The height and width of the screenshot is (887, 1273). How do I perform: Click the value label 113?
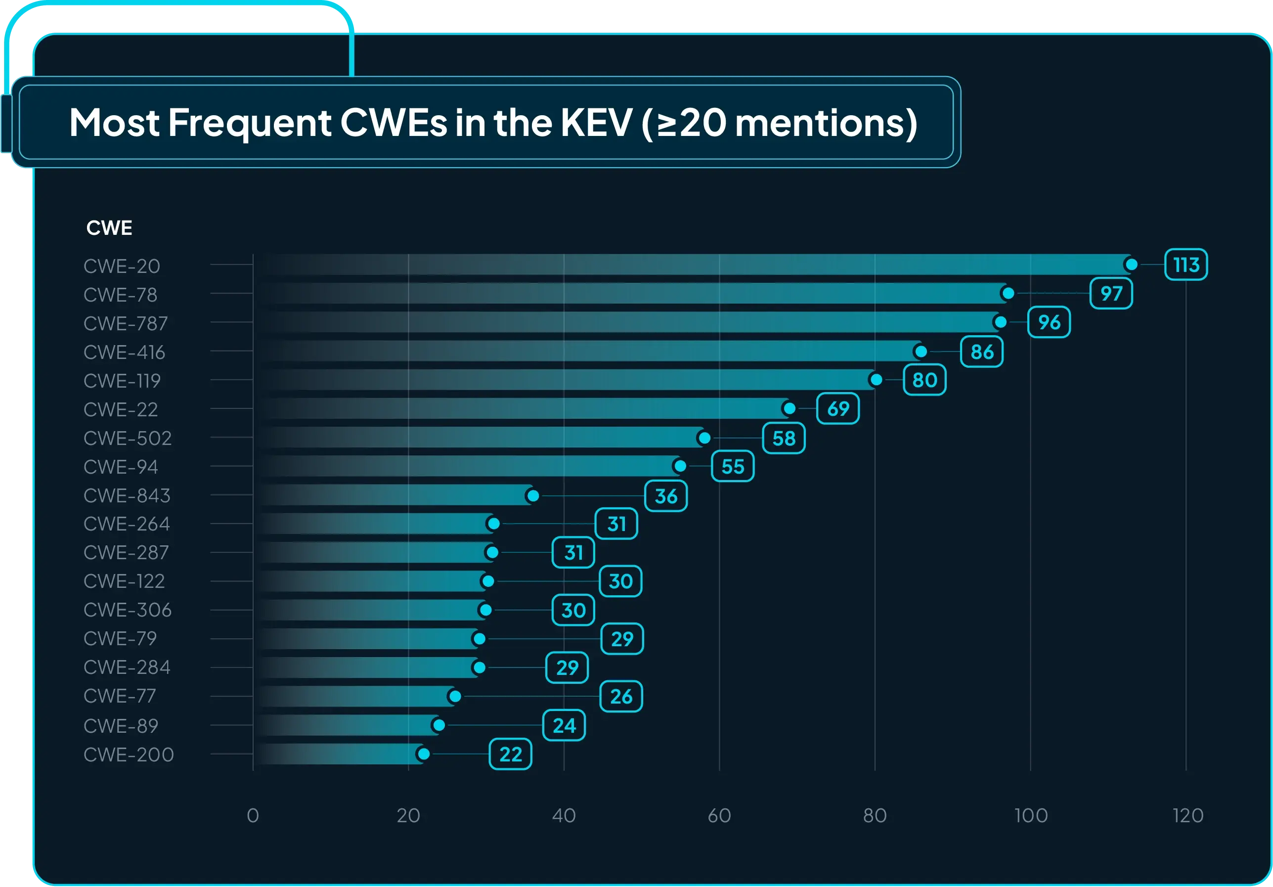(1186, 265)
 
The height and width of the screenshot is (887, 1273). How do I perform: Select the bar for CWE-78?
(632, 293)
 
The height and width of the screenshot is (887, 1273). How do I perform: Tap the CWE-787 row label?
(125, 323)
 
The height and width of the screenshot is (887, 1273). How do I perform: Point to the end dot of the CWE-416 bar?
(921, 352)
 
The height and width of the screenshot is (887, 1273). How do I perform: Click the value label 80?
(924, 380)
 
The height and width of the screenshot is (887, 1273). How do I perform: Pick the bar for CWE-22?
(521, 408)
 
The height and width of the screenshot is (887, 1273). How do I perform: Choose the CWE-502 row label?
(128, 438)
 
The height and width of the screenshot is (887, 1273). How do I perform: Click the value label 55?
(733, 466)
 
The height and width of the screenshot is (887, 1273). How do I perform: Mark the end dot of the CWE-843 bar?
(533, 495)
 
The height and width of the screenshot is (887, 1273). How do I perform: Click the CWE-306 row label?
(128, 610)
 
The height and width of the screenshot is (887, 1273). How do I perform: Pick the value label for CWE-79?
(622, 639)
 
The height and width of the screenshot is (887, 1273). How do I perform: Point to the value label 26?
(621, 696)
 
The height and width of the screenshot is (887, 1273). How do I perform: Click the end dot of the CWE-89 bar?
(439, 725)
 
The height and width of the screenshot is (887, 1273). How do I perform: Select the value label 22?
(510, 754)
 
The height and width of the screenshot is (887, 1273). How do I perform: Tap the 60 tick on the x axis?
(719, 815)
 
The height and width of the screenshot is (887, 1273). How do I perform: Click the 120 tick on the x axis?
(1187, 815)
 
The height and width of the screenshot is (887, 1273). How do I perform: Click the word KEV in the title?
(596, 123)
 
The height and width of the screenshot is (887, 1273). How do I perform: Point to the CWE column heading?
(109, 228)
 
